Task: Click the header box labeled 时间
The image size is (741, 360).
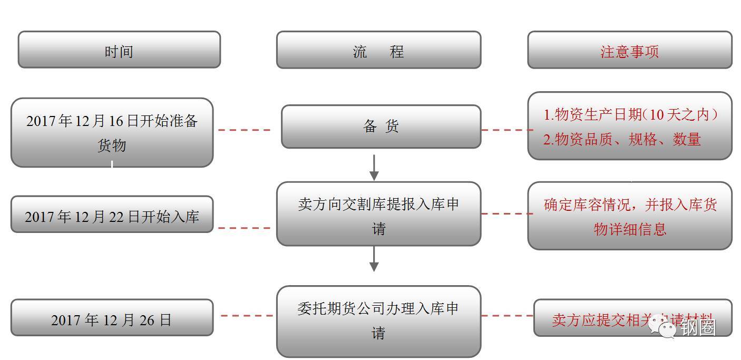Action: (119, 50)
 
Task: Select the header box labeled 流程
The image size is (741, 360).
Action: (378, 50)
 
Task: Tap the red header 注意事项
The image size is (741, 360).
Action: (629, 50)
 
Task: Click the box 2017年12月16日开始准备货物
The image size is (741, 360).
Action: (112, 132)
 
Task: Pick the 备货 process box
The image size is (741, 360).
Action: (381, 127)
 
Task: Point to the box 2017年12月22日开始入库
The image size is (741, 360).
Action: (112, 215)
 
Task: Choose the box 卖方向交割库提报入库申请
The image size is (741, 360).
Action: (378, 214)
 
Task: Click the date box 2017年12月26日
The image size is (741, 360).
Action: (112, 318)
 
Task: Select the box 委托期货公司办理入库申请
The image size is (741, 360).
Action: (378, 320)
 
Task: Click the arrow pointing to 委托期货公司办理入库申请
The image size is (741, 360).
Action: (374, 258)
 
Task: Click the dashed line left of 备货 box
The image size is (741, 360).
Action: (245, 130)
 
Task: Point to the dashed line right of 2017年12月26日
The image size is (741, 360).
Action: (246, 316)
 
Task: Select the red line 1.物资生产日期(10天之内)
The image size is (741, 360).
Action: (630, 114)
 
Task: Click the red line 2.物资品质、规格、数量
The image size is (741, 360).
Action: (622, 139)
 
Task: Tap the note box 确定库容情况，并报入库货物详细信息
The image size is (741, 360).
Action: (630, 216)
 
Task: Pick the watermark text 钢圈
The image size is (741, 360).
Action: (698, 328)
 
